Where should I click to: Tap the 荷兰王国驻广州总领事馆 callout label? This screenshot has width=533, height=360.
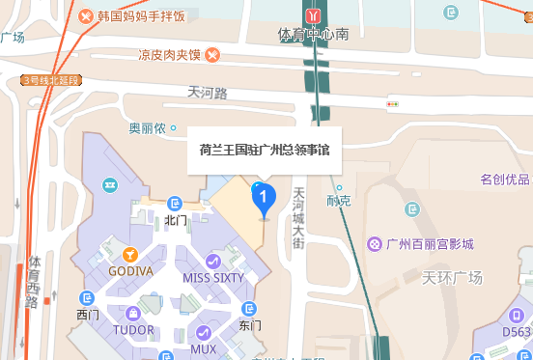[264, 150]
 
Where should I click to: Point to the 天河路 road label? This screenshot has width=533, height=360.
[208, 94]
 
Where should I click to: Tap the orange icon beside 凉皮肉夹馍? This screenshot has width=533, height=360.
[211, 54]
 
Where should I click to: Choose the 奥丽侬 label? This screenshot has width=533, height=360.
[148, 128]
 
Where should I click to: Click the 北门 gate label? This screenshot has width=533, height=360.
[175, 220]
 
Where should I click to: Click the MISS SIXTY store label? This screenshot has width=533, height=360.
[213, 278]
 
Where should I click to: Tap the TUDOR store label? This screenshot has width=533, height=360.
[133, 330]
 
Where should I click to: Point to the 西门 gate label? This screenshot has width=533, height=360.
[88, 315]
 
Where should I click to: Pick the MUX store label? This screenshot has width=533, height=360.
[204, 348]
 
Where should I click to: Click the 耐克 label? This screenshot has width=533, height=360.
[339, 201]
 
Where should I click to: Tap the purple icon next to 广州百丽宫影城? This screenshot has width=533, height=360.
[374, 243]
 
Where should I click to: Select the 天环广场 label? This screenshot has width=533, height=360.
[452, 278]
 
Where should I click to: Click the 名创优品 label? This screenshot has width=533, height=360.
[505, 180]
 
